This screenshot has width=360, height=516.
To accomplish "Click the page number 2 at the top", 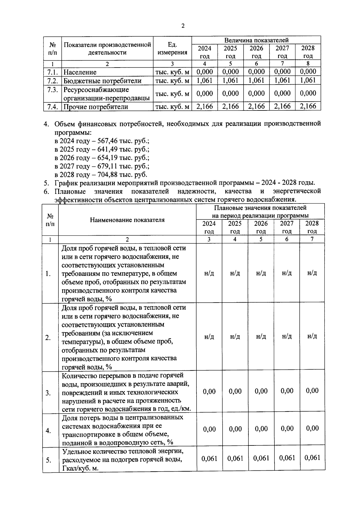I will (x=183, y=26).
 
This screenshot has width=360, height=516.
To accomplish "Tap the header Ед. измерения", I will (x=172, y=49).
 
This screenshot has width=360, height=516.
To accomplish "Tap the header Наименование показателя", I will (x=127, y=220).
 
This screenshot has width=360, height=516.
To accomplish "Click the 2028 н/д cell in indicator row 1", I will (x=312, y=273).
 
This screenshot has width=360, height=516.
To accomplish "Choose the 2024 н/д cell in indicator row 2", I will (x=209, y=336).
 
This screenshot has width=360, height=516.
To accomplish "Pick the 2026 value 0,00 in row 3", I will (x=261, y=391).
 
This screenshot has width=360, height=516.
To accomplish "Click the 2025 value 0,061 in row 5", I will (x=235, y=458).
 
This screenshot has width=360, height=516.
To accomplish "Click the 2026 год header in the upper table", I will (x=256, y=52).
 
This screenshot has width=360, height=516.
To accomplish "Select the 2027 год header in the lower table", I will (x=287, y=227).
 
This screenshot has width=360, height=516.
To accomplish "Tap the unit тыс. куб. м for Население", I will (x=172, y=72).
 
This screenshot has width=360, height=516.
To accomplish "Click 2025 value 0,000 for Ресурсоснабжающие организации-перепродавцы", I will (x=230, y=93).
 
